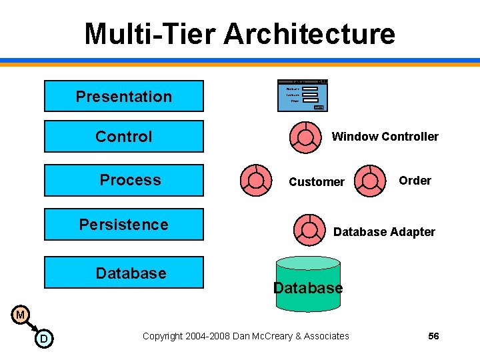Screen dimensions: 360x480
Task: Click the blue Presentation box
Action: pyautogui.click(x=123, y=96)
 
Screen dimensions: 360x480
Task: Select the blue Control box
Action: pyautogui.click(x=123, y=137)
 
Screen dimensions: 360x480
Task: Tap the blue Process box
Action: pyautogui.click(x=123, y=180)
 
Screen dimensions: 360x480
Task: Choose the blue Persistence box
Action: pyautogui.click(x=123, y=225)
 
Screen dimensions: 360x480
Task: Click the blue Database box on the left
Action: pyautogui.click(x=123, y=273)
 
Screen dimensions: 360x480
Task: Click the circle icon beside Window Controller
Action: pyautogui.click(x=305, y=137)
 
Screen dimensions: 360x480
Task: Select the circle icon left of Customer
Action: pyautogui.click(x=255, y=180)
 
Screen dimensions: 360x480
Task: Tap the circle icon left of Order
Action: pyautogui.click(x=370, y=180)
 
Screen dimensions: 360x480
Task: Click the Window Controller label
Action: pyautogui.click(x=385, y=137)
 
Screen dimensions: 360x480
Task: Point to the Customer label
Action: pyautogui.click(x=317, y=182)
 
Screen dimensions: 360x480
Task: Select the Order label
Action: pyautogui.click(x=415, y=181)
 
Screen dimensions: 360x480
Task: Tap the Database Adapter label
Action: pyautogui.click(x=384, y=232)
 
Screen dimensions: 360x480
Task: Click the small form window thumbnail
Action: pyautogui.click(x=302, y=95)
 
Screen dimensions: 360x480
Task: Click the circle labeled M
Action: pyautogui.click(x=21, y=315)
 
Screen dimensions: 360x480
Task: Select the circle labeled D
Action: pyautogui.click(x=43, y=339)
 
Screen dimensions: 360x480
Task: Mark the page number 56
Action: pyautogui.click(x=433, y=336)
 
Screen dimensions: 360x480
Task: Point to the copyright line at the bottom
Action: pyautogui.click(x=245, y=336)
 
